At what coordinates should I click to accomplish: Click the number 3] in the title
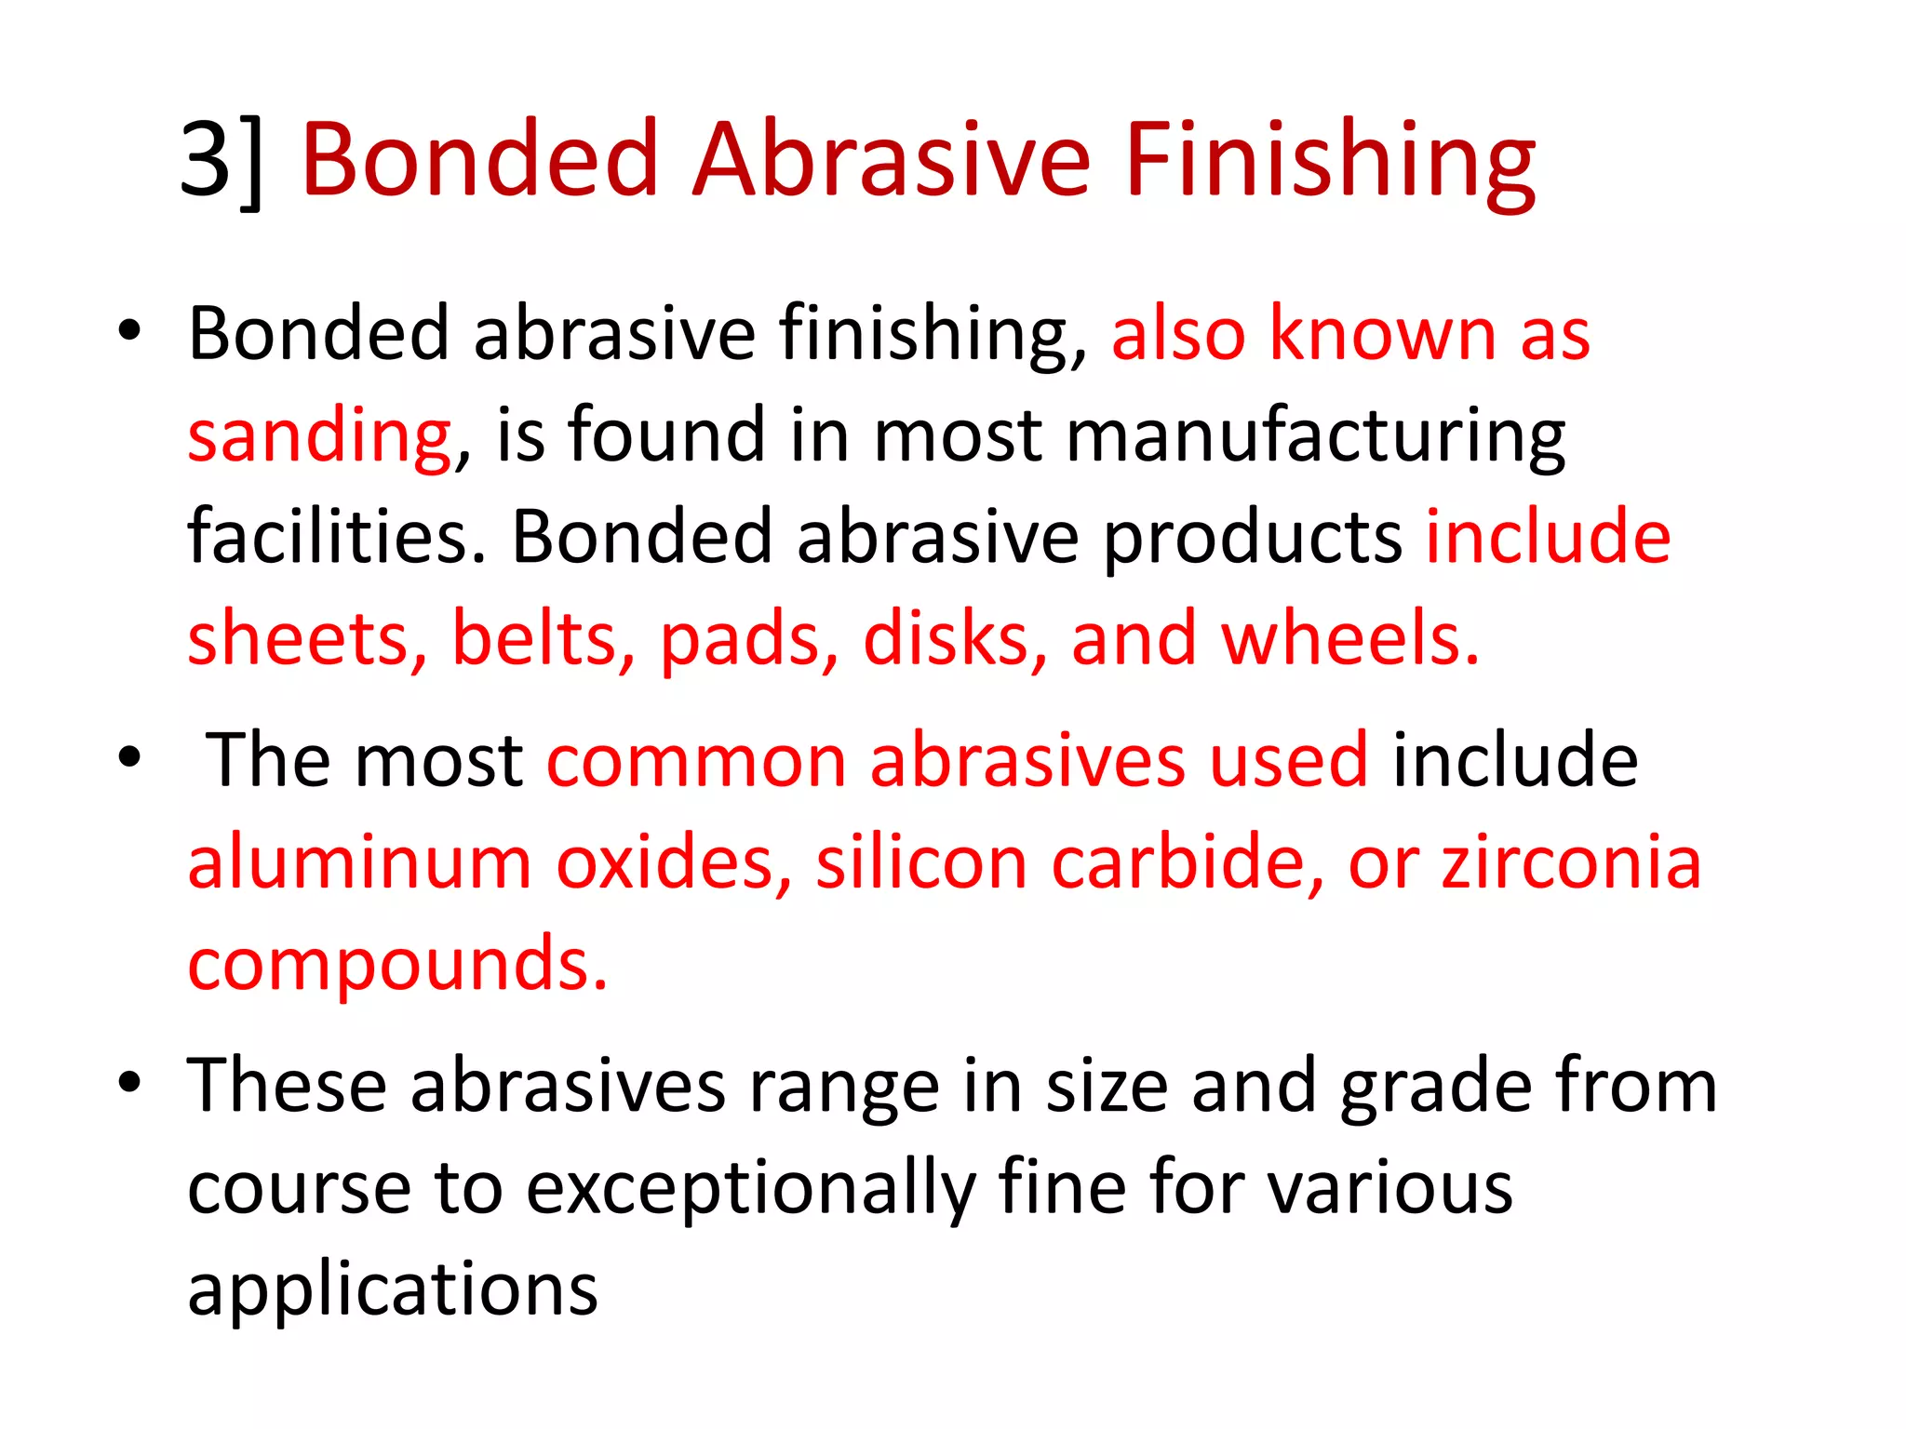221,160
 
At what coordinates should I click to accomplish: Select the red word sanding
319,435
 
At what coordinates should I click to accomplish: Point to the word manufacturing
1315,435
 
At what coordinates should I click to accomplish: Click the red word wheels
1349,639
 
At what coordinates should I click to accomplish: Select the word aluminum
359,862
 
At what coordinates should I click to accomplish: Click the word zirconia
1571,862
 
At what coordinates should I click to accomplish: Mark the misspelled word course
299,1188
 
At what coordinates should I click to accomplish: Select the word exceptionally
750,1188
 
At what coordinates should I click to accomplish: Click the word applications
392,1290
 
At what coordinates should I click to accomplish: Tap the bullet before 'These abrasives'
129,1083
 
